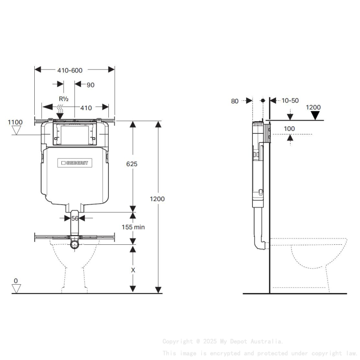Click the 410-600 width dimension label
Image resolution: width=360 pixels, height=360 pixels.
[x=70, y=70]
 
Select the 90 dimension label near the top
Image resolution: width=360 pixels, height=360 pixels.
[x=90, y=85]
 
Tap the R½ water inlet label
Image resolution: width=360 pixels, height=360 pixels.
[x=64, y=99]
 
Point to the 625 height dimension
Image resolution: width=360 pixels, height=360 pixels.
[x=132, y=163]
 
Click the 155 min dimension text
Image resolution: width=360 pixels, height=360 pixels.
[x=133, y=227]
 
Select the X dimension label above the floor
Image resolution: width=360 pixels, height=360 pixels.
[x=133, y=269]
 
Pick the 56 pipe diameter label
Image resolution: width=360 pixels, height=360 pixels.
[x=75, y=218]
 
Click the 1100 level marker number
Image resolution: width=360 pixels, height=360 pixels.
[x=15, y=122]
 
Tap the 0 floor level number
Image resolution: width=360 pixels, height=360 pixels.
[x=16, y=281]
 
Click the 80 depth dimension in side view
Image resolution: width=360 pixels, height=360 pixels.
[x=235, y=101]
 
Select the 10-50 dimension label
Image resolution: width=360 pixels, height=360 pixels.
[x=290, y=101]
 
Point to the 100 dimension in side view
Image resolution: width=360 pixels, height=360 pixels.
[x=289, y=128]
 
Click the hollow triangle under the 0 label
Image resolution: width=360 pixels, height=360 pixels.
[x=16, y=288]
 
